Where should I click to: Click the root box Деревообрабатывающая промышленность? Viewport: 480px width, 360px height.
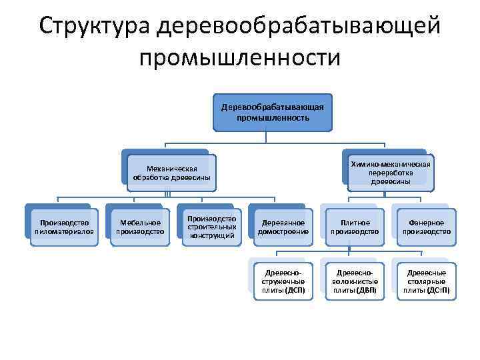click(273, 112)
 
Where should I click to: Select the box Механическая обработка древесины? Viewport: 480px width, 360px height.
click(171, 173)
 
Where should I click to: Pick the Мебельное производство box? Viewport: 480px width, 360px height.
click(140, 227)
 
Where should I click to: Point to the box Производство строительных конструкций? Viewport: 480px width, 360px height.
click(212, 227)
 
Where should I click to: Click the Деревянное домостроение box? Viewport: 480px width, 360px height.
click(283, 227)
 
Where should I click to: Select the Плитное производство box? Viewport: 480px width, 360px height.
click(355, 227)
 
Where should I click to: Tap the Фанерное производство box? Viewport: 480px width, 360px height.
click(426, 227)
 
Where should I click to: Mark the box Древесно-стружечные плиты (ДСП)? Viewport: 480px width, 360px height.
click(283, 281)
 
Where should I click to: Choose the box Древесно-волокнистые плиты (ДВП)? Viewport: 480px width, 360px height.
click(355, 281)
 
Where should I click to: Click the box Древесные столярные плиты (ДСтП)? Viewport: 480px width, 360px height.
click(426, 281)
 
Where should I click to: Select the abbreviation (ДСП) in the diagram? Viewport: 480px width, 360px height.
click(295, 291)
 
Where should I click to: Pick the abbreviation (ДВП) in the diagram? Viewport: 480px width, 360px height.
click(366, 291)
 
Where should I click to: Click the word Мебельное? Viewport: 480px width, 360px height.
click(140, 222)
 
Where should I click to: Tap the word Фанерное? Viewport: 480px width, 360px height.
click(426, 222)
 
